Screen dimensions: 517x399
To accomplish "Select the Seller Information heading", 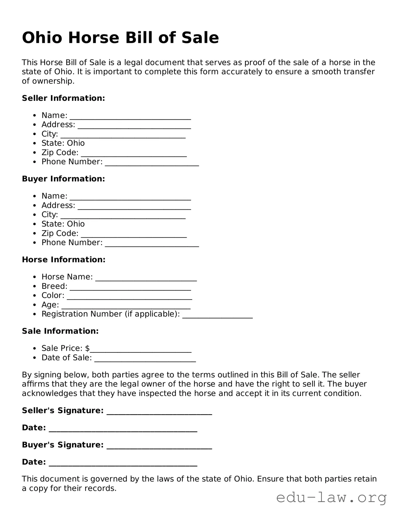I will coord(63,98).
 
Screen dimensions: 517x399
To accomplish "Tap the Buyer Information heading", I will coord(63,179).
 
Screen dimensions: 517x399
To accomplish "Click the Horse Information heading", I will coord(64,260).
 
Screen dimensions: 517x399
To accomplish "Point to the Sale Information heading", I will coord(60,331).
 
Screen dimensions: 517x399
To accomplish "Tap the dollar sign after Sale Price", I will coord(87,348).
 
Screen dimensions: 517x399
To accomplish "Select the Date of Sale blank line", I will coord(145,359).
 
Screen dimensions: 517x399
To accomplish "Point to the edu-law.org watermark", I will coord(331,498).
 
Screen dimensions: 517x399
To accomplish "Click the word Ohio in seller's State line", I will coord(76,143).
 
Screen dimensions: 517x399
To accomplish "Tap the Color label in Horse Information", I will coord(53,295).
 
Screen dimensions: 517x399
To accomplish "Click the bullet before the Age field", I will coord(35,305).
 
